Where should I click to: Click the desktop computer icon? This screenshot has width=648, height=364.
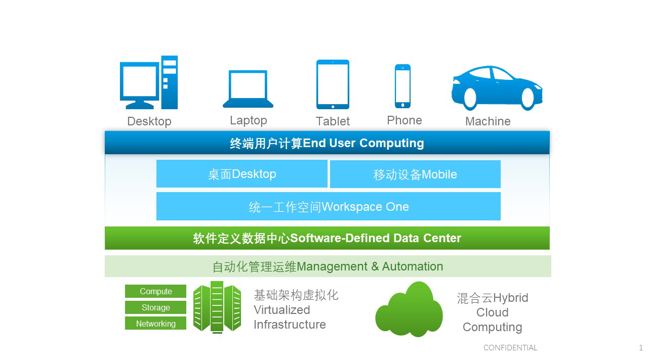148,82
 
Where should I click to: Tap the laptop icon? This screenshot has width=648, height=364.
248,89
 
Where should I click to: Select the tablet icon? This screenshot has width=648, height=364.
333,84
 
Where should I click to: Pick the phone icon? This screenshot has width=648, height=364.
402,86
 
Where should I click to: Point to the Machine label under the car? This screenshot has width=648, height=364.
488,121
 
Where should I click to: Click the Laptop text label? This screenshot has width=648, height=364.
248,120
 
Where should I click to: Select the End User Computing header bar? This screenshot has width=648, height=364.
327,143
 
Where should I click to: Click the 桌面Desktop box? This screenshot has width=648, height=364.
242,174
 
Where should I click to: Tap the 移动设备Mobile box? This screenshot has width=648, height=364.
415,174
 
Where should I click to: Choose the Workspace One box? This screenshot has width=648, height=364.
329,206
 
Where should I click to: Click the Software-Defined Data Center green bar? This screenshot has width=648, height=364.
327,238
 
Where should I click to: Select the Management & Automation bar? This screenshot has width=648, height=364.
328,266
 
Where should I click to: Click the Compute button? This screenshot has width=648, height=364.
155,291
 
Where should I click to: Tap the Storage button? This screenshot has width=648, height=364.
155,307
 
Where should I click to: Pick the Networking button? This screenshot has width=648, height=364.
155,324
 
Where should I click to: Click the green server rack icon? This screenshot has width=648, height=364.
217,307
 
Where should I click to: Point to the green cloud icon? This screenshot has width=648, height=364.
409,310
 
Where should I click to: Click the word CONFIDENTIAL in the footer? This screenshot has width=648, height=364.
510,348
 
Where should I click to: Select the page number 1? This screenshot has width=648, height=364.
641,348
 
